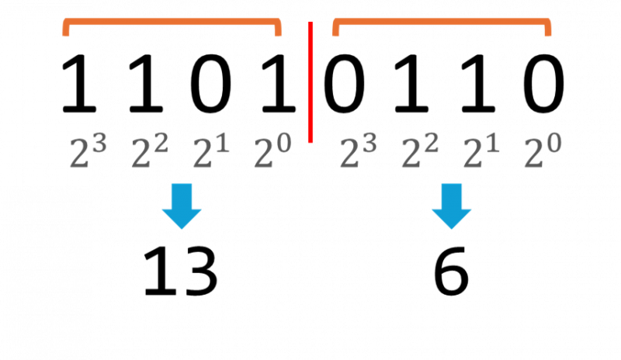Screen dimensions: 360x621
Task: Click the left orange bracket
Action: (x=172, y=22)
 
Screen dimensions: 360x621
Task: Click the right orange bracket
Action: (x=442, y=22)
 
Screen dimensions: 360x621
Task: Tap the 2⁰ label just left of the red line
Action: (x=272, y=151)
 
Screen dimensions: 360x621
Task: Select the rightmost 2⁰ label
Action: (x=543, y=151)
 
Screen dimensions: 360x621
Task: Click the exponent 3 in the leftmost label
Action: (x=99, y=143)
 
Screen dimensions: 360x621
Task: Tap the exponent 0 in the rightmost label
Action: (x=553, y=143)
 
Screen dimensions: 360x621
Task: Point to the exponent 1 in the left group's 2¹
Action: (x=223, y=143)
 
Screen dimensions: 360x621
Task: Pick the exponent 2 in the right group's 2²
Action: (x=431, y=143)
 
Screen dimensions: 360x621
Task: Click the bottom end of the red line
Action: (x=310, y=141)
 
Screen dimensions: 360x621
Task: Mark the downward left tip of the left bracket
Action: (x=66, y=33)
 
